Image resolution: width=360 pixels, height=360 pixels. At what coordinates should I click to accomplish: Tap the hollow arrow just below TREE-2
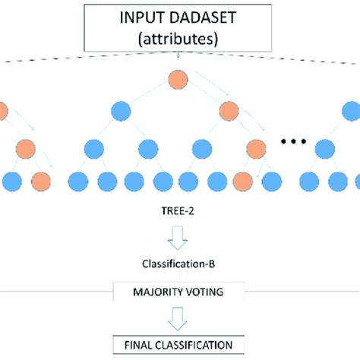click(178, 240)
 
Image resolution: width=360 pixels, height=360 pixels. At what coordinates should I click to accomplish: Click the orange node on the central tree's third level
click(254, 147)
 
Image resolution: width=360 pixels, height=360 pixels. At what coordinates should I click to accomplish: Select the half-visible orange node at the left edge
click(2, 111)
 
